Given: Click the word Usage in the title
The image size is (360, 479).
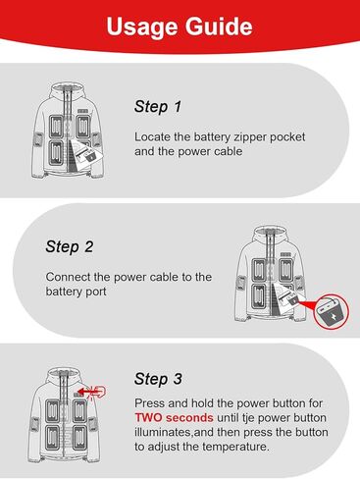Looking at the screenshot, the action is [x=143, y=27].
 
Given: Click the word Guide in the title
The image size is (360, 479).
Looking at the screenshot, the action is [x=219, y=26].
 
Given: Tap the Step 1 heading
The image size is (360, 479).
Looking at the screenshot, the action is [x=158, y=107].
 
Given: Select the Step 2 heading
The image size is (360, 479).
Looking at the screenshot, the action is [x=70, y=246].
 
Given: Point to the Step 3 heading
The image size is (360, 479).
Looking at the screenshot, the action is [x=158, y=379].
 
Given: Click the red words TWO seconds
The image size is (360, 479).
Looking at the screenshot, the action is [x=174, y=417].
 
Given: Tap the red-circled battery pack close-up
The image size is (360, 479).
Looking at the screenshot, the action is [x=332, y=311].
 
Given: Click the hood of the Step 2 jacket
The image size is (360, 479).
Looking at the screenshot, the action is [x=270, y=233].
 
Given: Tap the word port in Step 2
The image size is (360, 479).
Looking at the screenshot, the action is [x=96, y=292].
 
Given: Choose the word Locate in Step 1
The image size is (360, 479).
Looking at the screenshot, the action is [x=152, y=136].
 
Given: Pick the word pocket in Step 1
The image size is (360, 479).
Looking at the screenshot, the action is [x=287, y=137].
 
